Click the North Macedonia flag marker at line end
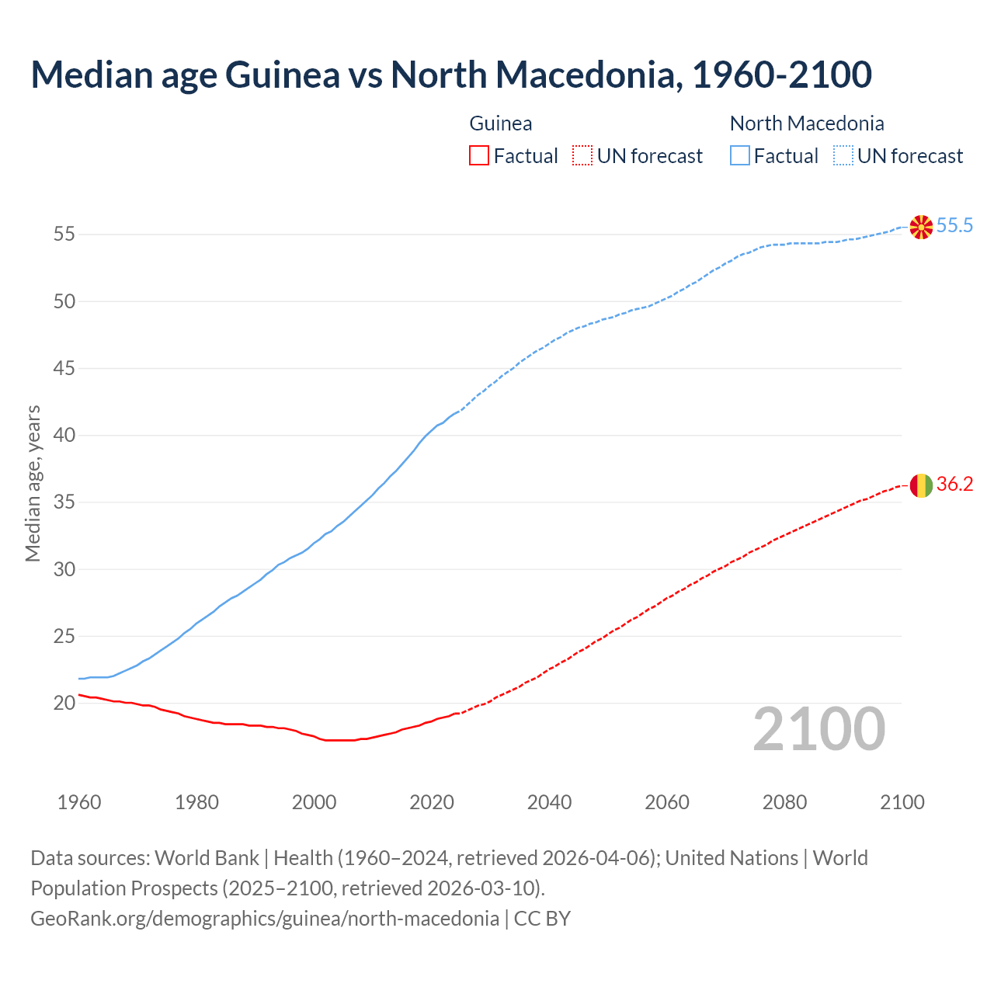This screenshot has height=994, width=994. tap(921, 227)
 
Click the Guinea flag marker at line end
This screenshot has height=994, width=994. tap(921, 485)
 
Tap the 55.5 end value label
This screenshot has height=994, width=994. tap(954, 226)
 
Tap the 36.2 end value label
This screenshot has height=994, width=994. tap(954, 485)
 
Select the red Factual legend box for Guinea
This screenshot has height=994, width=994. tap(479, 156)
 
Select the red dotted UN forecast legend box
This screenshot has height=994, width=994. tap(582, 156)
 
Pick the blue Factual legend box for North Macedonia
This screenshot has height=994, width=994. tap(739, 156)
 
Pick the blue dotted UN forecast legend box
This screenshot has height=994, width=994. tap(843, 156)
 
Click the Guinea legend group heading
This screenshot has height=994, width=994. tap(501, 123)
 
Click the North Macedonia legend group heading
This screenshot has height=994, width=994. tap(807, 123)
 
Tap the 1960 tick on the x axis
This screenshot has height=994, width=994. tap(79, 802)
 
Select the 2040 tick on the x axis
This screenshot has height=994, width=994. tap(549, 802)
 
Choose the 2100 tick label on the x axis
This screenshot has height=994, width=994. tap(902, 802)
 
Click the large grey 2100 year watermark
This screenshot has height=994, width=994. tap(819, 729)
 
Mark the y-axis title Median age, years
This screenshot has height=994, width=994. tap(33, 483)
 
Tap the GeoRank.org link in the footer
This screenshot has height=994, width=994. tap(264, 919)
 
